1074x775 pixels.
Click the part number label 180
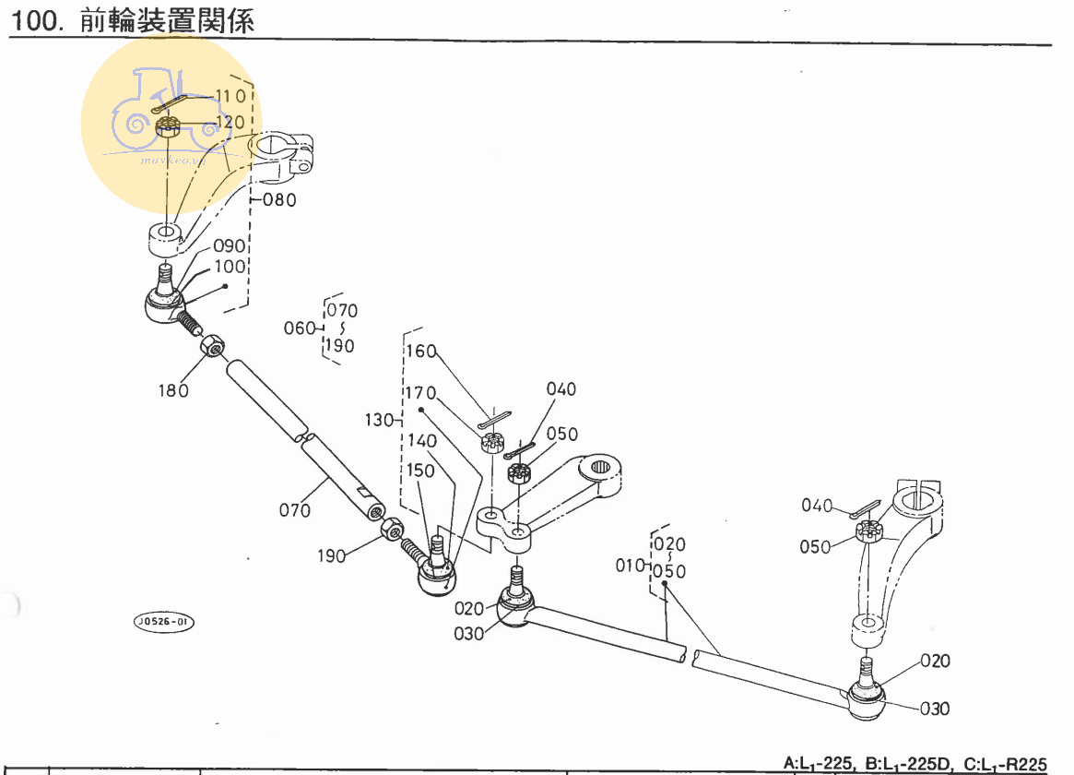172,389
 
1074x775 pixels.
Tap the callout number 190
332,555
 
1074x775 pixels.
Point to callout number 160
420,352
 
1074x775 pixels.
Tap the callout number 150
420,471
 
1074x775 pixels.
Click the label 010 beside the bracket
631,564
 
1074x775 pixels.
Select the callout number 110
230,96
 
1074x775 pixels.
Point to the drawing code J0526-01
164,622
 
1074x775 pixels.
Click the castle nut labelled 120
167,126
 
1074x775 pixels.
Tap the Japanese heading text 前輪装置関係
167,21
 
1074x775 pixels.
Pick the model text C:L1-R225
1006,764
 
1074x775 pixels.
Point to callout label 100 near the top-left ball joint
230,267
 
